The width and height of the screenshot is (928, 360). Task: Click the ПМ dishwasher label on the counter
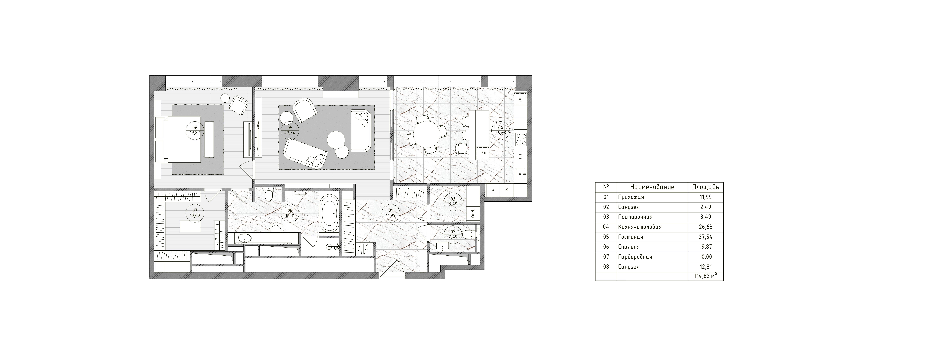[519, 156]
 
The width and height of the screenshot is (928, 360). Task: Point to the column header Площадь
[705, 187]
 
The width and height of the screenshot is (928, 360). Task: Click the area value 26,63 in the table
[705, 227]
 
